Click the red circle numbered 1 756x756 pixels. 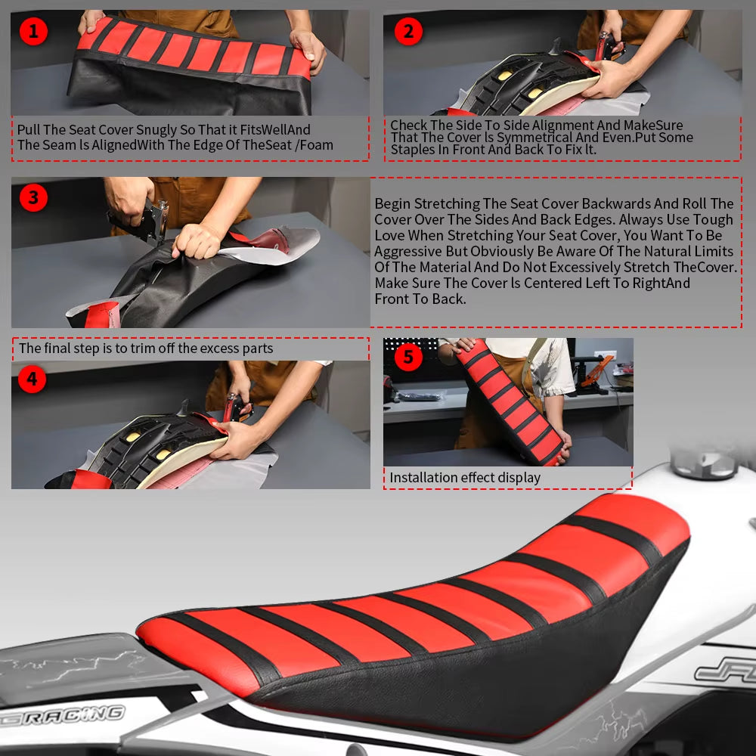[33, 31]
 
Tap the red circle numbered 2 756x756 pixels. [408, 31]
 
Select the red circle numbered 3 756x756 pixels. [33, 197]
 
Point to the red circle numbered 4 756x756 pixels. [33, 379]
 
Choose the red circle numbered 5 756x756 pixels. [408, 357]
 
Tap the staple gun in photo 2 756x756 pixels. [609, 47]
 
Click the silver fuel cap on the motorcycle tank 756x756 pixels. [705, 463]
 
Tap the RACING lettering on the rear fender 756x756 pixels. [63, 715]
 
